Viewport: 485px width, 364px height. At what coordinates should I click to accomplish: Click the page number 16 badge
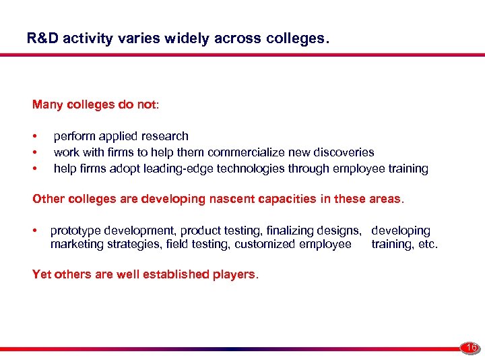(x=470, y=348)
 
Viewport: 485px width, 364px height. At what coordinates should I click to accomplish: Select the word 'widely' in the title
(x=187, y=38)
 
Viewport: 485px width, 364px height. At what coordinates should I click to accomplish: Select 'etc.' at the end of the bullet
(x=427, y=244)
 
